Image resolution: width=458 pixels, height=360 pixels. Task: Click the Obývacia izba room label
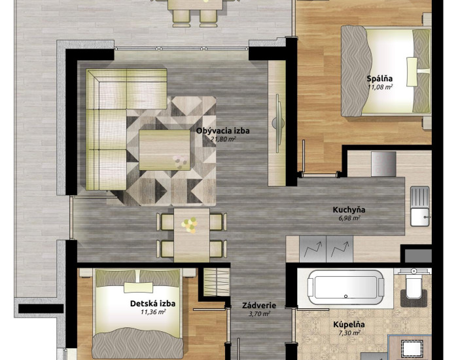[223, 131]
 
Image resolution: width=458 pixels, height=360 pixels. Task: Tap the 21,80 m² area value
[223, 139]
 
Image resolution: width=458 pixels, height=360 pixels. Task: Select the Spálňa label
[379, 79]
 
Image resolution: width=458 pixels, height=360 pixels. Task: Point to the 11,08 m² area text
[379, 87]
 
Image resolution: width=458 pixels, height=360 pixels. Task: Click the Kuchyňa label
[349, 209]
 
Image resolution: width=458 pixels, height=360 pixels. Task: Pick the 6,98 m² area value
[349, 218]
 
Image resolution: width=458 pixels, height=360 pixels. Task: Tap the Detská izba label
[152, 304]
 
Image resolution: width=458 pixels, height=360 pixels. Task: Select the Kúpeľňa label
[349, 325]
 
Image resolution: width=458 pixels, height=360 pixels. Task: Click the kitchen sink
[420, 206]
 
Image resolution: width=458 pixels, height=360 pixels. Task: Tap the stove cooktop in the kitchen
[383, 164]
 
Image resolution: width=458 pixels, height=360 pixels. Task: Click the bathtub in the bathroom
[345, 287]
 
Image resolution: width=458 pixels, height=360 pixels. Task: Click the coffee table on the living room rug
[164, 150]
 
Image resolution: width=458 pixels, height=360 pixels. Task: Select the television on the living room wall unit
[278, 123]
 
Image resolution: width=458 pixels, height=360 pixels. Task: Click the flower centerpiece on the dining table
[189, 225]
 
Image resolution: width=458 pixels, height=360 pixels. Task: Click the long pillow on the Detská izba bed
[139, 287]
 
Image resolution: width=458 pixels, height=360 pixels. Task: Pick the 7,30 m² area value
[349, 333]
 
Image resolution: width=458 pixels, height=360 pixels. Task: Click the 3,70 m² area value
[259, 314]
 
